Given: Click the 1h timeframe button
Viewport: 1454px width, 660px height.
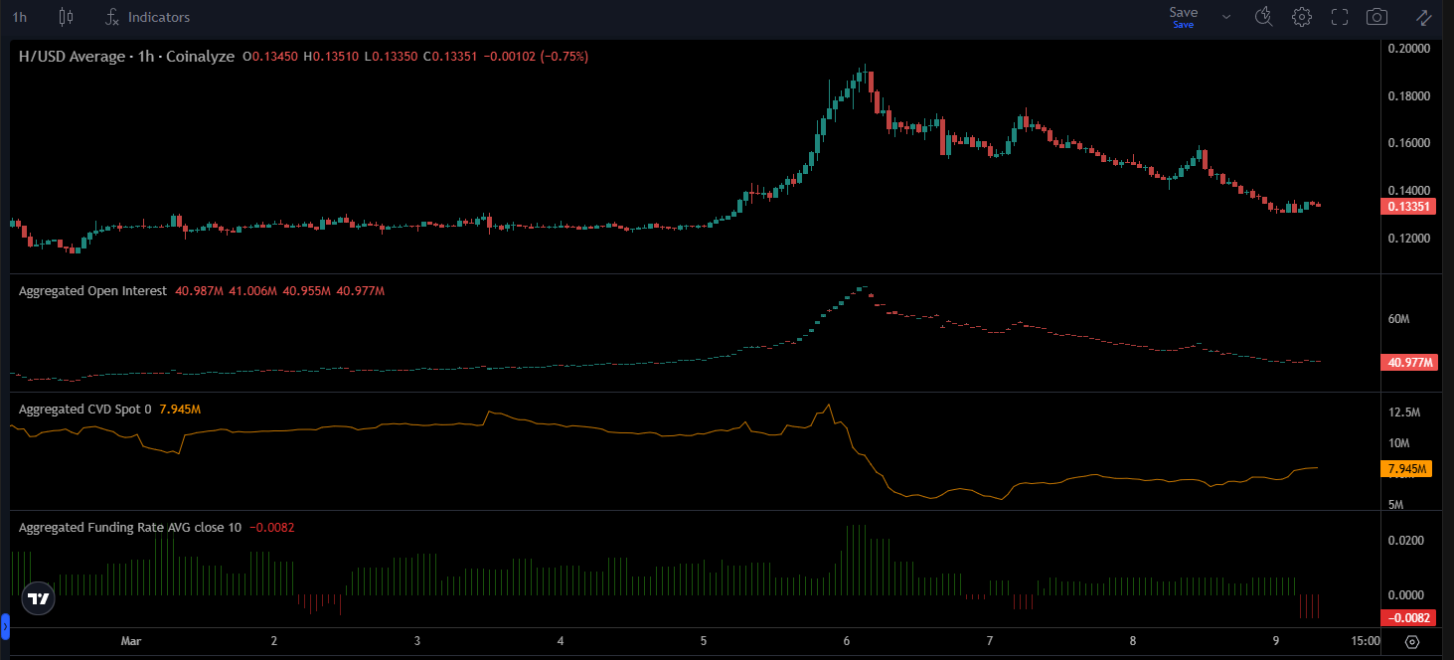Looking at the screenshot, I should coord(20,17).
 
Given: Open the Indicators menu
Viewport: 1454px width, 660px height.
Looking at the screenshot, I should coord(148,17).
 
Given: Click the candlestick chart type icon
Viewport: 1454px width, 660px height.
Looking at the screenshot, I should coord(67,17).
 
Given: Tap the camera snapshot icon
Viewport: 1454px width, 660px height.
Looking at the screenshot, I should coord(1376,17).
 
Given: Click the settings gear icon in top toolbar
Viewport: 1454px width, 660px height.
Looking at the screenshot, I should coord(1302,17).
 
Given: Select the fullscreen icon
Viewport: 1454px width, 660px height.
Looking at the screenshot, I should coord(1340,17).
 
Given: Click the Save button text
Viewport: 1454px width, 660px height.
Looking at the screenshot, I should coord(1183,13).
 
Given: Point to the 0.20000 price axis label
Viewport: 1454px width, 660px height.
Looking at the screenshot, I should coord(1408,48).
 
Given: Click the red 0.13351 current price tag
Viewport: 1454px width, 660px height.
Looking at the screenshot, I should coord(1408,207).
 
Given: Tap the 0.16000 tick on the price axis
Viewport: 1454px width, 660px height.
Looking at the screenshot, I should coord(1408,143).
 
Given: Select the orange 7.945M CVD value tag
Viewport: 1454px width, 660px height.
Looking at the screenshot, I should coord(1408,469).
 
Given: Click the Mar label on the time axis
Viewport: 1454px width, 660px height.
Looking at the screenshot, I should coord(130,642).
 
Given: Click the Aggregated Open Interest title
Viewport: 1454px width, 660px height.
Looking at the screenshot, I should coord(92,291).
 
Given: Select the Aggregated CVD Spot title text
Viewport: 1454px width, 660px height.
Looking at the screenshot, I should coord(81,410).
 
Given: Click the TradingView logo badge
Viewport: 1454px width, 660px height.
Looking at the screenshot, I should coord(38,598).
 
